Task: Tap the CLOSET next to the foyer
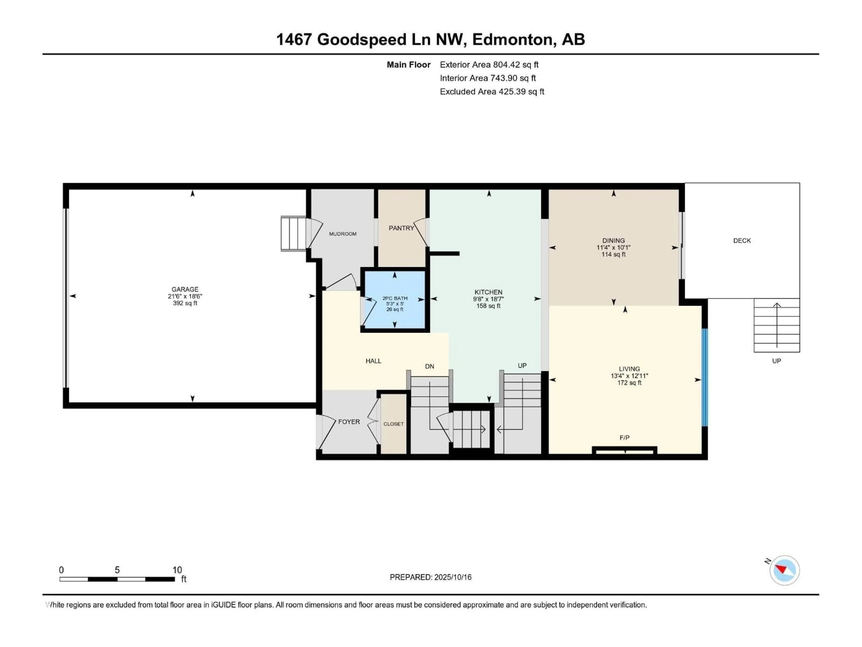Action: (x=393, y=424)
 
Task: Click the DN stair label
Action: (x=429, y=366)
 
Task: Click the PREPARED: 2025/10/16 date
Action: (x=430, y=577)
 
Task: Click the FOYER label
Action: (x=349, y=422)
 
